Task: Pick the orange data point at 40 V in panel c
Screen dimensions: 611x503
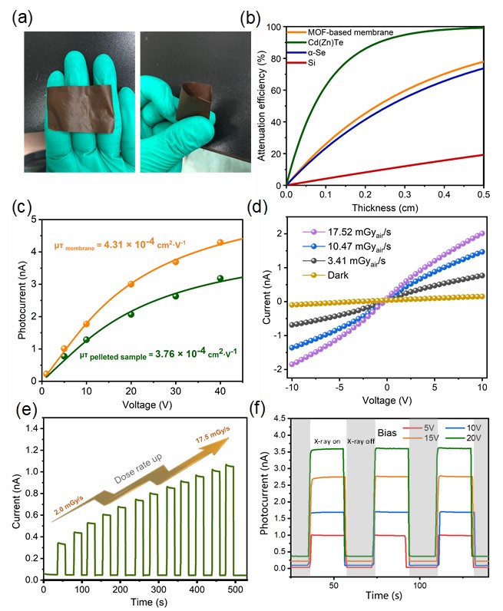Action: click(x=220, y=243)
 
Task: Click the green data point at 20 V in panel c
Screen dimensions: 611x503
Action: click(x=131, y=314)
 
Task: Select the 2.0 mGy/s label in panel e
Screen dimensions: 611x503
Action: click(x=70, y=510)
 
